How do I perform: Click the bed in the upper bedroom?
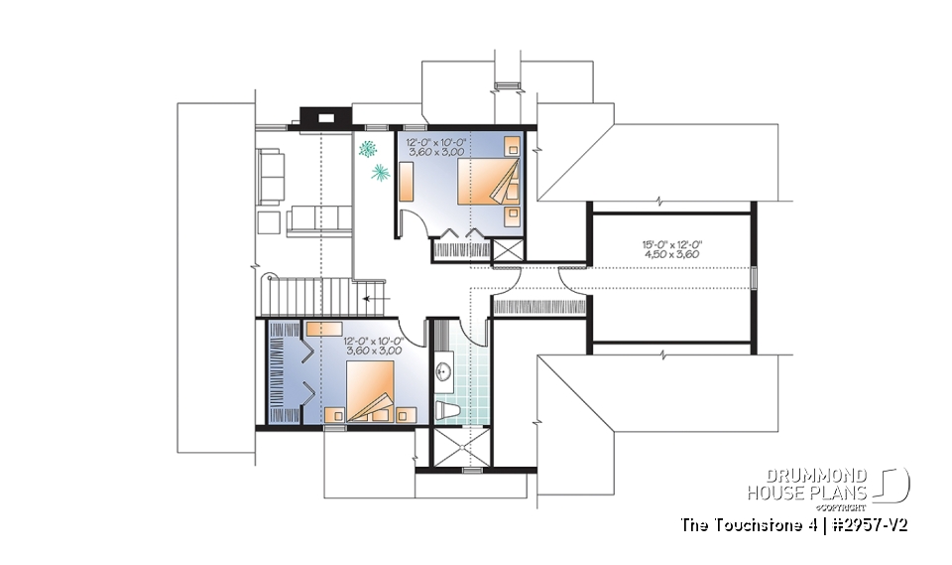coord(487,184)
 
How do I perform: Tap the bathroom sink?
coord(443,372)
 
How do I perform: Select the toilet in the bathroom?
coord(446,408)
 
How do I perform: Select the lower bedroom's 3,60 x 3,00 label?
coord(373,351)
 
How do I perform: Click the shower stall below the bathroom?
coord(460,446)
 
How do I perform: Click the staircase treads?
coord(306,295)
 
